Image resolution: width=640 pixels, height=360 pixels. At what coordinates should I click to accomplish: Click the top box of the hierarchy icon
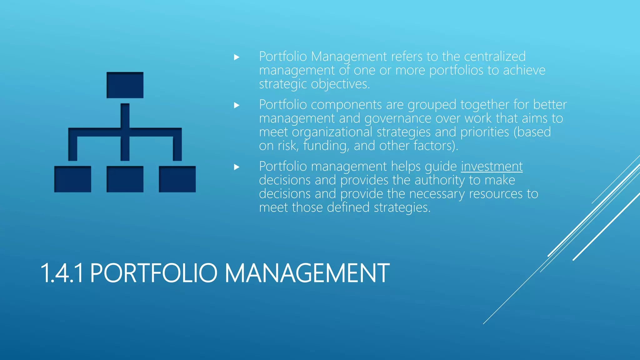tap(125, 85)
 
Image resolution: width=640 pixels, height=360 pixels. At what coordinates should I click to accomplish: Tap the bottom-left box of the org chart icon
tap(73, 179)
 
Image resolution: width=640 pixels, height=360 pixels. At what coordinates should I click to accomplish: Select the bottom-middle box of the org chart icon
tap(125, 179)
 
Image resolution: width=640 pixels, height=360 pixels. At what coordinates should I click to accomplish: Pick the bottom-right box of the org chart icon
tap(177, 179)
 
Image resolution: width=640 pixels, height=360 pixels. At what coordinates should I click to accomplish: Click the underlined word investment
tap(492, 167)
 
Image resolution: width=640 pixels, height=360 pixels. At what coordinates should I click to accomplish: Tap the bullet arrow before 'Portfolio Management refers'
tap(237, 57)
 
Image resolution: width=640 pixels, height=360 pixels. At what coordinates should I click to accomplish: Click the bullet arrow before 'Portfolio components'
tap(237, 105)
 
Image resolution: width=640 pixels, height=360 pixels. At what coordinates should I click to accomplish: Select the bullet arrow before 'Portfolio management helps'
tap(237, 167)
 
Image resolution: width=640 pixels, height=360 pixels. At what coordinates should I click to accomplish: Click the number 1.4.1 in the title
tap(62, 273)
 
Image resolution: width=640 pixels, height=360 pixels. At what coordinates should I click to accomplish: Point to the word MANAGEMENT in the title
tap(307, 273)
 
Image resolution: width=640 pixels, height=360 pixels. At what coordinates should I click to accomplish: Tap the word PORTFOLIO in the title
tap(153, 273)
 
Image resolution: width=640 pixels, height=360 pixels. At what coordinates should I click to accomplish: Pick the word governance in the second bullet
tap(398, 118)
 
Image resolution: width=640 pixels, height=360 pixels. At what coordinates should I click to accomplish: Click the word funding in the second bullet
tap(326, 146)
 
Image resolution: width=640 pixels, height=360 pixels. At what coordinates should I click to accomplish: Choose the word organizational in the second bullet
tap(332, 132)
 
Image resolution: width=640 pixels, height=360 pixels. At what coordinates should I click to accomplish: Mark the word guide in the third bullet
tap(441, 167)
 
